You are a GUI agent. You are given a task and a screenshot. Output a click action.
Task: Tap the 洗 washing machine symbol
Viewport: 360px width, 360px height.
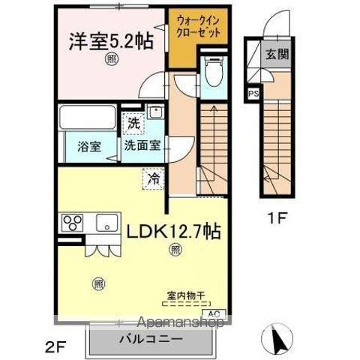[133, 124]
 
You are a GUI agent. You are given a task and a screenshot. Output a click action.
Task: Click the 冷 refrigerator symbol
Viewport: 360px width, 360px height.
[153, 179]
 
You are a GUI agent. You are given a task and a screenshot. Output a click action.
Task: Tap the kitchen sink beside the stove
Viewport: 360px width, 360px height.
[104, 222]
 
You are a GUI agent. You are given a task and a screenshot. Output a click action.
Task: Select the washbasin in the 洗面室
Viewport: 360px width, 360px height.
[156, 114]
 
